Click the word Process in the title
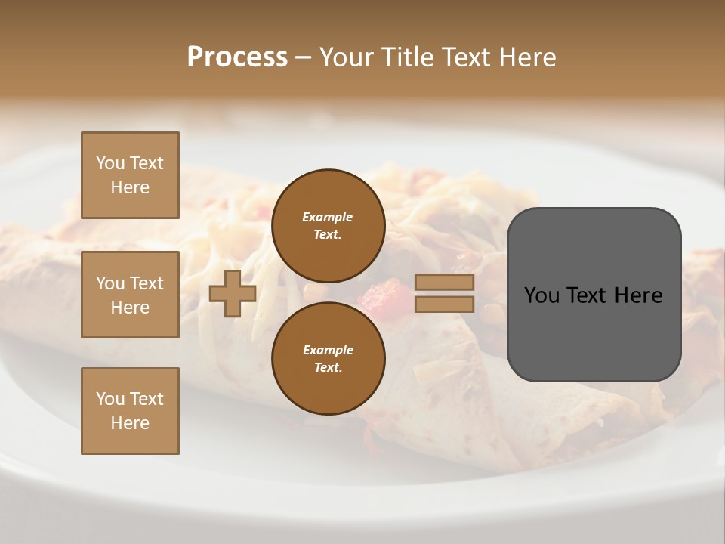click(x=237, y=57)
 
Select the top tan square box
click(x=130, y=175)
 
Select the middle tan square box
click(x=130, y=295)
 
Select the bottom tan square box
click(x=130, y=411)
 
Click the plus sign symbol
click(x=233, y=293)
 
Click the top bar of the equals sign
click(x=444, y=283)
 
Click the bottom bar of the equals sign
click(x=444, y=304)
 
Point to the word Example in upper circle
click(x=328, y=217)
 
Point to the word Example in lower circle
click(x=328, y=350)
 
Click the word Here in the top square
click(x=130, y=187)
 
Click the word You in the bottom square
click(x=110, y=399)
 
